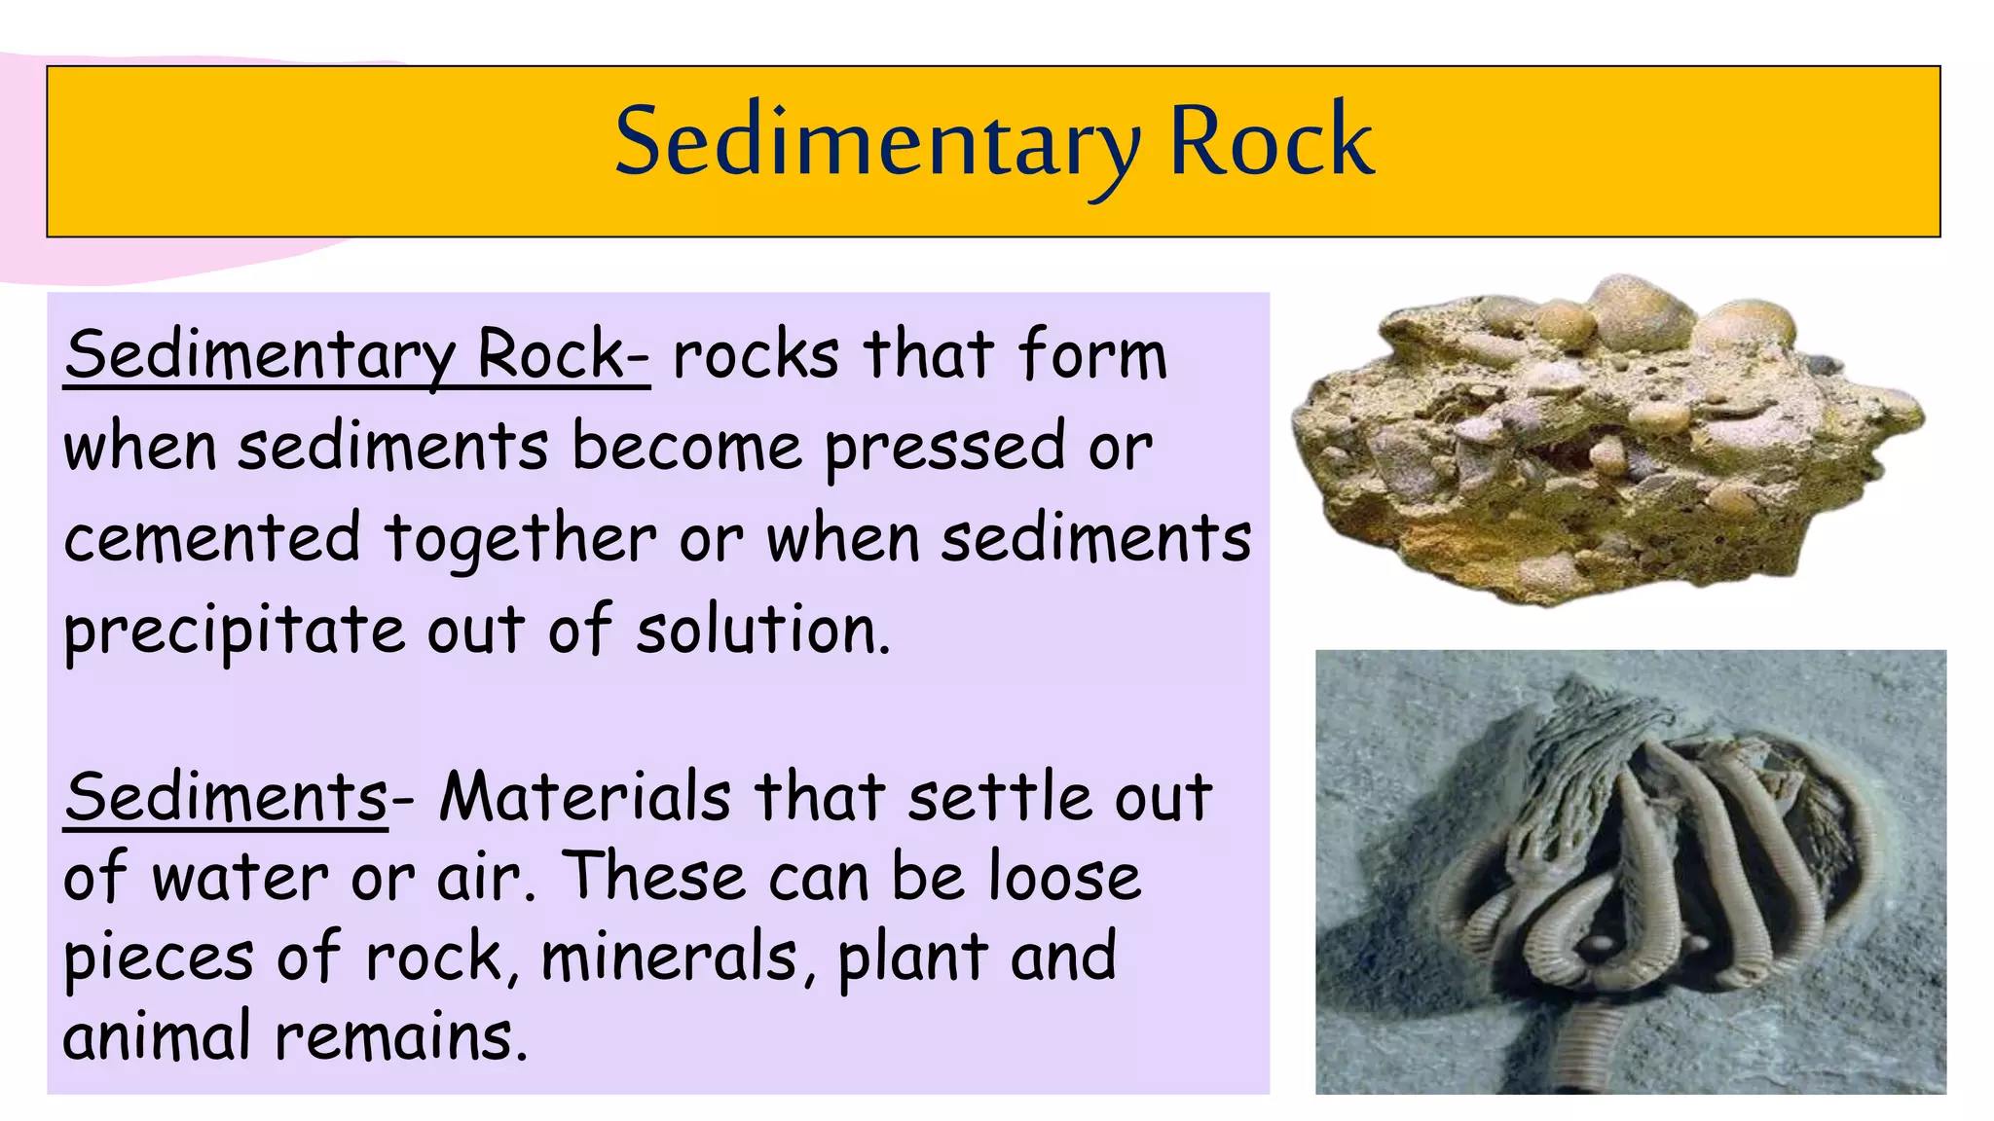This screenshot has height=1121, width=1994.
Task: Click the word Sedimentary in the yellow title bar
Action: point(876,143)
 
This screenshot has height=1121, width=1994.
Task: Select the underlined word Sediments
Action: point(226,797)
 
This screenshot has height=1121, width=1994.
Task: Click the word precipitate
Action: point(234,631)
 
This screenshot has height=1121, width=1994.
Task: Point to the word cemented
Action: point(212,538)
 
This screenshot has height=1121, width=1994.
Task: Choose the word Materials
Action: point(584,797)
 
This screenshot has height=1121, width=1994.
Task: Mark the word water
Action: point(240,877)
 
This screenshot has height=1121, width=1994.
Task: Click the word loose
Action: point(1064,877)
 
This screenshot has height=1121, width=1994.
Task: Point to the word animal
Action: point(156,1035)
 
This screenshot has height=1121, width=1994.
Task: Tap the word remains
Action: point(400,1035)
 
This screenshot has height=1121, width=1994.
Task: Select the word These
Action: point(654,877)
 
